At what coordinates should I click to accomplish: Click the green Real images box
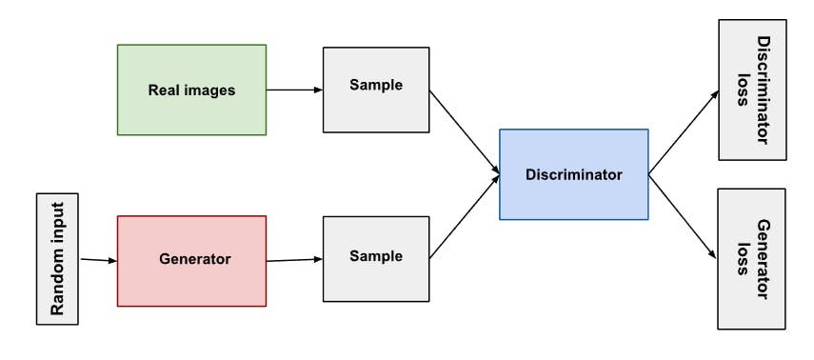pyautogui.click(x=191, y=90)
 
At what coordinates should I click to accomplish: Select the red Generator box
pyautogui.click(x=191, y=260)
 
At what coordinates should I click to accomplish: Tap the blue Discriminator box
pyautogui.click(x=573, y=174)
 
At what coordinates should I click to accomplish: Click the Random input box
pyautogui.click(x=57, y=258)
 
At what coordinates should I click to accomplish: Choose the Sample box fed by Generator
pyautogui.click(x=376, y=256)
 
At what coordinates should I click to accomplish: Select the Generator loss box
pyautogui.click(x=751, y=258)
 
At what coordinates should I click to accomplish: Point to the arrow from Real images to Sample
pyautogui.click(x=294, y=90)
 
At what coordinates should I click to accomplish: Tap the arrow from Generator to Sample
pyautogui.click(x=294, y=259)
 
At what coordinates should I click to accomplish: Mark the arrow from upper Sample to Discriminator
pyautogui.click(x=465, y=133)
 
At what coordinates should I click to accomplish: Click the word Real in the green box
pyautogui.click(x=165, y=91)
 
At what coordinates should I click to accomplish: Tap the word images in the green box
pyautogui.click(x=210, y=91)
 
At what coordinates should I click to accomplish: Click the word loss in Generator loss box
pyautogui.click(x=743, y=259)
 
